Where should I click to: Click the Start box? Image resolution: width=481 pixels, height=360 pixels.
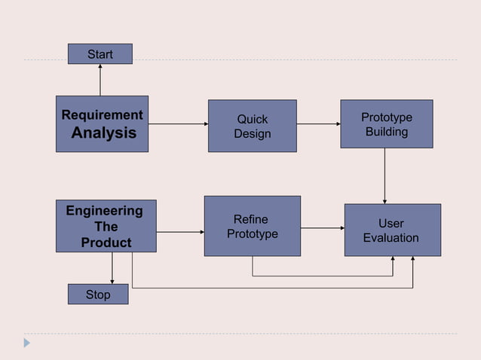[100, 54]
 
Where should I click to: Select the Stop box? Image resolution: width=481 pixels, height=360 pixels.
[98, 294]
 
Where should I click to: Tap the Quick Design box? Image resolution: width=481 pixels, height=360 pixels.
[252, 126]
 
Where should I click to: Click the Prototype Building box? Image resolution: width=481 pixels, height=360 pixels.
[386, 124]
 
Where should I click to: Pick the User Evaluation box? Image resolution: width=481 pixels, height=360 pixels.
[392, 230]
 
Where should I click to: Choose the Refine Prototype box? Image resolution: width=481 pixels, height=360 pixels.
[252, 226]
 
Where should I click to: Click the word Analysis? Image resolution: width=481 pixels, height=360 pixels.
[103, 133]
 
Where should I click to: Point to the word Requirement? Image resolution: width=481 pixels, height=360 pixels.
[102, 115]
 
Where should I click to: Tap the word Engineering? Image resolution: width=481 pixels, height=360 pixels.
[104, 210]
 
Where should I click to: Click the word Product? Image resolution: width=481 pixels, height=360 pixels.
[106, 243]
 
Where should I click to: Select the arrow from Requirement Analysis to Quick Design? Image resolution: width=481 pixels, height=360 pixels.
[178, 124]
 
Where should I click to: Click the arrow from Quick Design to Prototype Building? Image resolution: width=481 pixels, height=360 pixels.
[318, 124]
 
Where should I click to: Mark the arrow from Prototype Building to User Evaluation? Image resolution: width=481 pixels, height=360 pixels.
[384, 175]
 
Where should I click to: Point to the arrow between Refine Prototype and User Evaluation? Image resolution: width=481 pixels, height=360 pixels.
[322, 227]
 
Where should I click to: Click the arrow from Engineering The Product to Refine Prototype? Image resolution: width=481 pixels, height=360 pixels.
[180, 232]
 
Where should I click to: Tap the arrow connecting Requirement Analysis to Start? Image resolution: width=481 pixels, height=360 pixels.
[100, 80]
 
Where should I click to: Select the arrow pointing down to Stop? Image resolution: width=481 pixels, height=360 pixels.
[112, 268]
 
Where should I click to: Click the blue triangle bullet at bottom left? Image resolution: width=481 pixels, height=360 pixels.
[27, 343]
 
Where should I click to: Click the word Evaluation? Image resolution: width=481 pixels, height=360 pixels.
[391, 238]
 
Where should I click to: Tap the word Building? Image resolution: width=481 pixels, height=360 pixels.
[387, 132]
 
